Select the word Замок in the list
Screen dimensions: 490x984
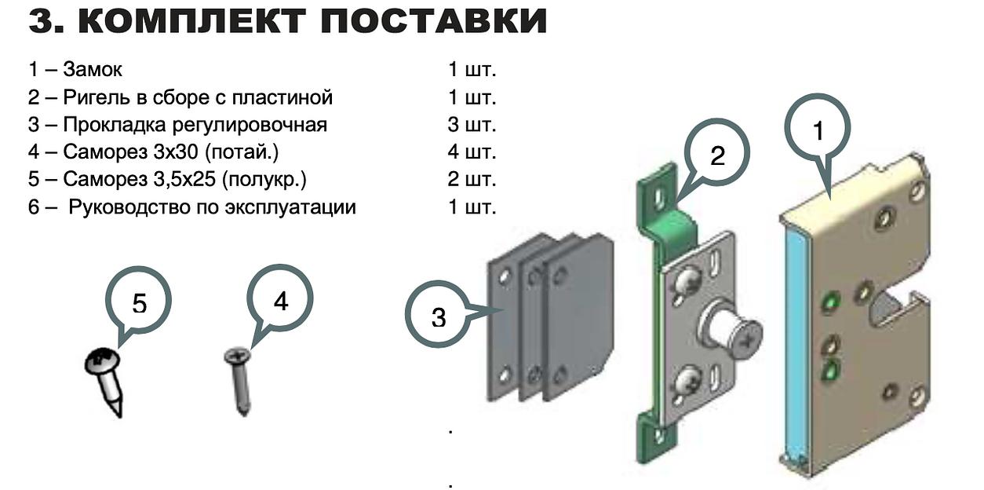[x=93, y=70]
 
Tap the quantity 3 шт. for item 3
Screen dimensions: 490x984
[x=472, y=125]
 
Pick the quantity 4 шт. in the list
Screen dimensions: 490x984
[x=472, y=152]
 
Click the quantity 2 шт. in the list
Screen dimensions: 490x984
[x=472, y=180]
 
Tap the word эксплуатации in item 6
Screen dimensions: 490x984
[x=301, y=207]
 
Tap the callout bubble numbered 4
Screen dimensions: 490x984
[x=280, y=300]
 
